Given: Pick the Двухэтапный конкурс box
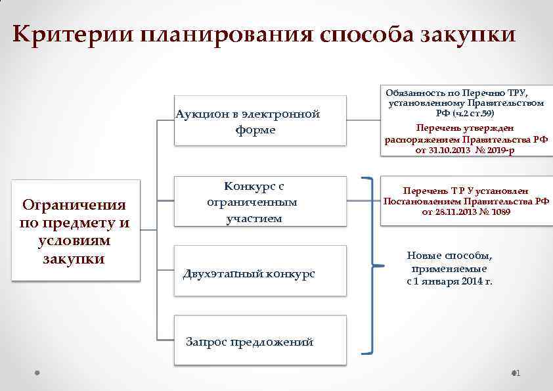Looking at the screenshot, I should (x=260, y=273).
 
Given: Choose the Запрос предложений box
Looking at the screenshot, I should (x=260, y=341).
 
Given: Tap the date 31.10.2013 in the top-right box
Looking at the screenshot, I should (x=451, y=150).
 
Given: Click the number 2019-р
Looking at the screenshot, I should (x=502, y=150).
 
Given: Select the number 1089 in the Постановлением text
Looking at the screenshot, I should (x=498, y=212).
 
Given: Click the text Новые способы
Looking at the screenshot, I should (x=449, y=256).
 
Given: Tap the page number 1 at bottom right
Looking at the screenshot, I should (x=518, y=373).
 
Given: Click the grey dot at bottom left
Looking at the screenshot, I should (x=37, y=373).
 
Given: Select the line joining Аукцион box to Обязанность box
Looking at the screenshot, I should (x=363, y=120).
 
